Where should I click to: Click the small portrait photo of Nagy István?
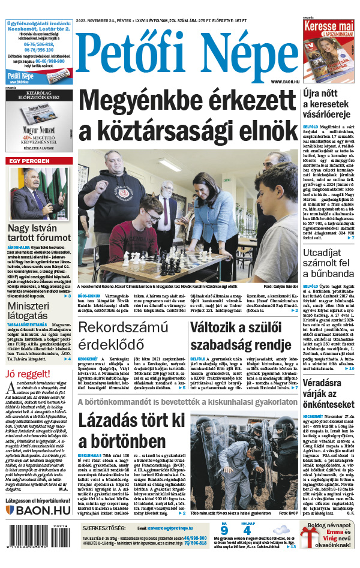[x=39, y=194]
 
